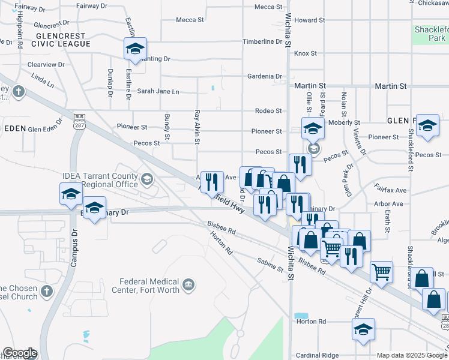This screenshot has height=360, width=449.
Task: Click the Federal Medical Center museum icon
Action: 188,284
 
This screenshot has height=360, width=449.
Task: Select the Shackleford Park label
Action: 430,34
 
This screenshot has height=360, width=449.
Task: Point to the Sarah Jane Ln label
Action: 158,92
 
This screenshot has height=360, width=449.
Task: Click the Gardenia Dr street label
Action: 265,77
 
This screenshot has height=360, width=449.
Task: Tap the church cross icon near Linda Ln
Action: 19,92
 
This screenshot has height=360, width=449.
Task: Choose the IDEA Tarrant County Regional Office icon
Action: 146,179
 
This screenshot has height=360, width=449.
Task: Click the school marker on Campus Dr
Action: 70,194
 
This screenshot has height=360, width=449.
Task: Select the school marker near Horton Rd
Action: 363,329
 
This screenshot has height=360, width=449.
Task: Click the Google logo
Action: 19,353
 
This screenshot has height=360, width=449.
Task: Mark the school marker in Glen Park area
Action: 427,125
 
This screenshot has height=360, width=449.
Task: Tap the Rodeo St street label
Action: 268,111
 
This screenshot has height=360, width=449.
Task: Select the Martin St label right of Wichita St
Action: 309,86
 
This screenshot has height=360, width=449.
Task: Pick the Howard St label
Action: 309,20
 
